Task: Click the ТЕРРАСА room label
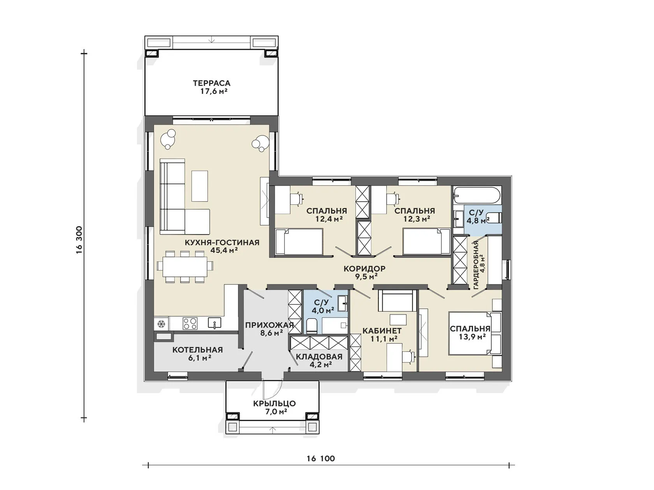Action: [211, 83]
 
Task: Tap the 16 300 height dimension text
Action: [79, 240]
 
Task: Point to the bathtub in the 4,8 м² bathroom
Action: [477, 195]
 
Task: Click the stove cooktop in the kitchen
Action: [190, 323]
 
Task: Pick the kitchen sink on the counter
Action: [214, 323]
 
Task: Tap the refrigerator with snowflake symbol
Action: [161, 323]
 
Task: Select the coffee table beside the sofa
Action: [199, 186]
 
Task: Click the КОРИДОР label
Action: [364, 269]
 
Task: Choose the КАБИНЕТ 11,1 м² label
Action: [382, 334]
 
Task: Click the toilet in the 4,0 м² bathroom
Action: [312, 326]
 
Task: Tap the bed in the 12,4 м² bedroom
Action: [299, 242]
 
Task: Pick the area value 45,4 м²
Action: [224, 250]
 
